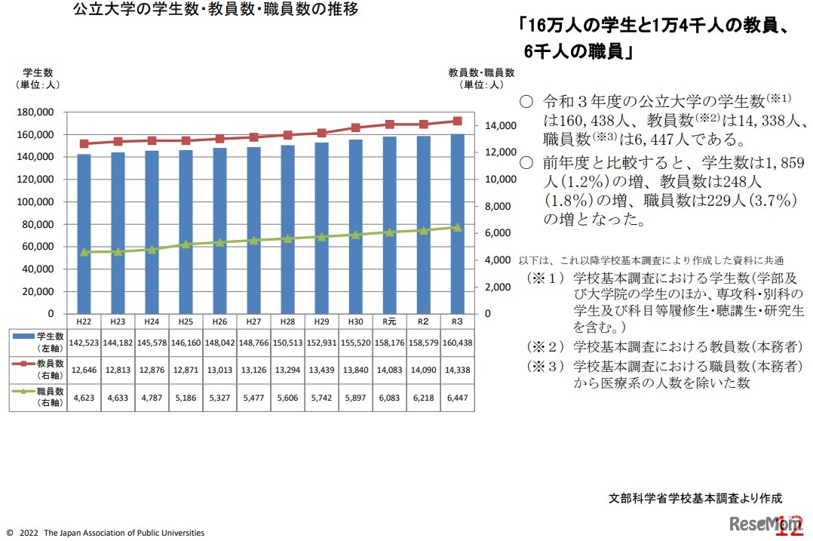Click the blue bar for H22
coord(84,234)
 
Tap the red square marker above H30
coord(355,128)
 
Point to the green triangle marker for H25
coord(186,244)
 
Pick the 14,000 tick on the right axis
coord(499,125)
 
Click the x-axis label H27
coord(253,321)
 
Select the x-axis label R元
coord(389,321)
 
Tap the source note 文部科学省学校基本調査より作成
coord(695,498)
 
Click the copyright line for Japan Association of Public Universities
coord(105,533)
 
